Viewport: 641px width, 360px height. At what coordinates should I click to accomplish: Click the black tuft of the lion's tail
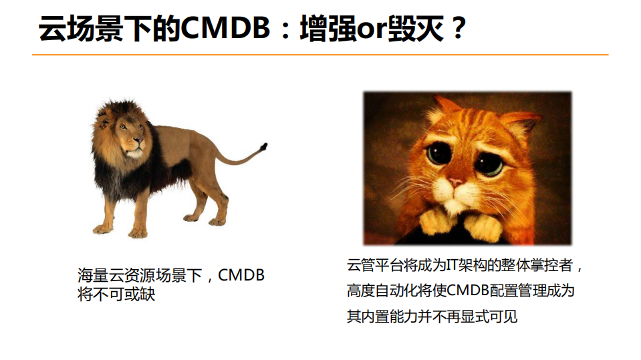[264, 146]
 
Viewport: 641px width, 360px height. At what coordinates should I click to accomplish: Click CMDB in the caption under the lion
[241, 275]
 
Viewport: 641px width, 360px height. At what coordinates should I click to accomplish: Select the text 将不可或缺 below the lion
[116, 294]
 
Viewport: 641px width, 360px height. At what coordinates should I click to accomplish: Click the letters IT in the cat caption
[452, 265]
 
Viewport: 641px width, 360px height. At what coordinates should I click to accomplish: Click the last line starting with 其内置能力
[432, 316]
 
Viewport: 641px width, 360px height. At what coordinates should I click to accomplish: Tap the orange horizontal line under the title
[320, 55]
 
